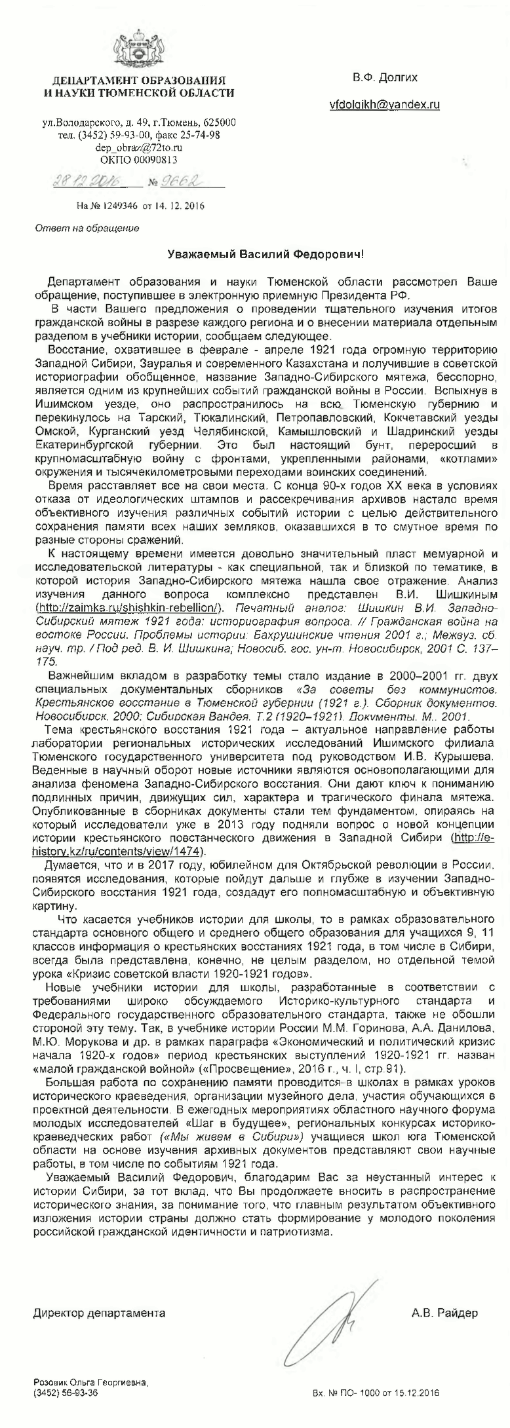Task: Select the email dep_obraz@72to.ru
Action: tap(138, 147)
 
